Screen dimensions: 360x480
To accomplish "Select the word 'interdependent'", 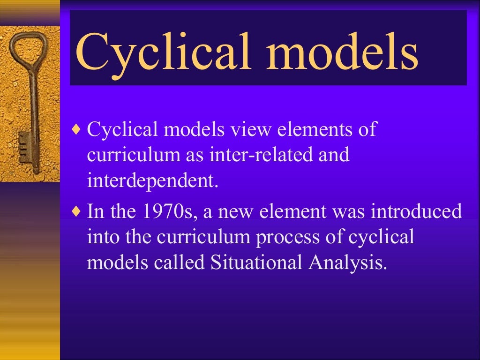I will pyautogui.click(x=152, y=181).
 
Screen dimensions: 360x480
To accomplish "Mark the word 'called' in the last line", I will pyautogui.click(x=179, y=263).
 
